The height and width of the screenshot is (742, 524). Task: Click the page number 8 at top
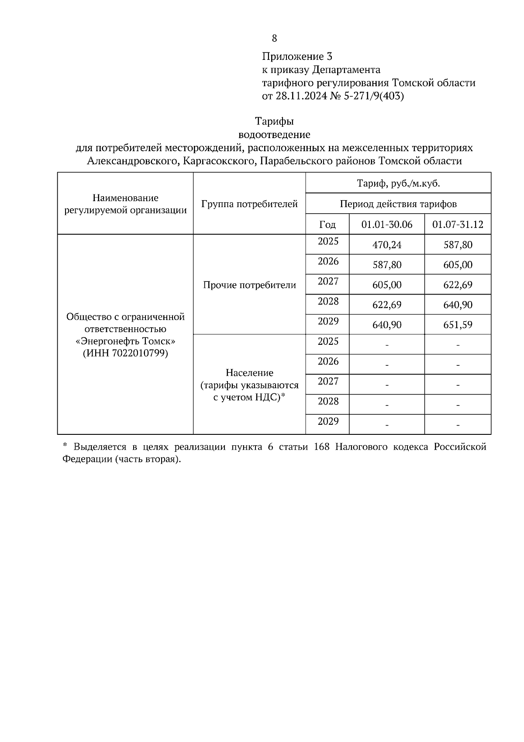click(274, 38)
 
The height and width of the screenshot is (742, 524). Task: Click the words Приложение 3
click(297, 56)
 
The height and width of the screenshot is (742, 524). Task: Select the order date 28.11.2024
click(300, 96)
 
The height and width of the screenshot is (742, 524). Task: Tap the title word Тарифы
click(274, 121)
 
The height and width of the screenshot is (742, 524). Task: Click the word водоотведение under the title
click(274, 135)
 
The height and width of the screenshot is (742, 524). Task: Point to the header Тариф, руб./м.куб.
click(398, 184)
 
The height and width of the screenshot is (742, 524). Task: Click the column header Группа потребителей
click(249, 204)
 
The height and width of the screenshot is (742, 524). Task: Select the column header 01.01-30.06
click(387, 225)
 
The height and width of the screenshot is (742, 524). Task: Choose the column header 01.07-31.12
click(458, 225)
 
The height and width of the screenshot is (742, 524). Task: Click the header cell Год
click(327, 225)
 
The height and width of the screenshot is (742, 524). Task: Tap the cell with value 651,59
click(458, 325)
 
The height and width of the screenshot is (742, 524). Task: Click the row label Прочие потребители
click(249, 285)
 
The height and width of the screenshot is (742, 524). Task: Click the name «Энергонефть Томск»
click(125, 341)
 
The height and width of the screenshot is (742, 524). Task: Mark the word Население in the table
click(249, 373)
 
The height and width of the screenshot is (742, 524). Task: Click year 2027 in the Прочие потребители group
click(328, 281)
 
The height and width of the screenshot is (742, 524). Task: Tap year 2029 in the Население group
click(328, 421)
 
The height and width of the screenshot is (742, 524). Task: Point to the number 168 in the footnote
click(322, 447)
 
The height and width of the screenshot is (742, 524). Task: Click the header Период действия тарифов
click(398, 204)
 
